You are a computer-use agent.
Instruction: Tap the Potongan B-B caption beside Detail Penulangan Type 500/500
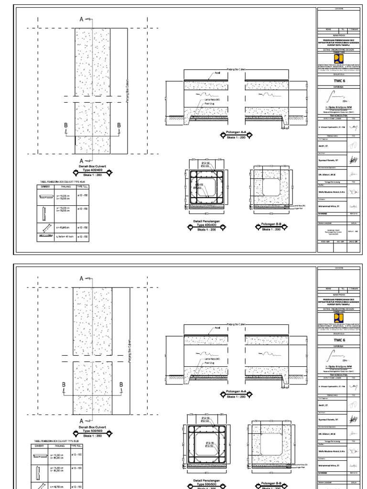point(267,483)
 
